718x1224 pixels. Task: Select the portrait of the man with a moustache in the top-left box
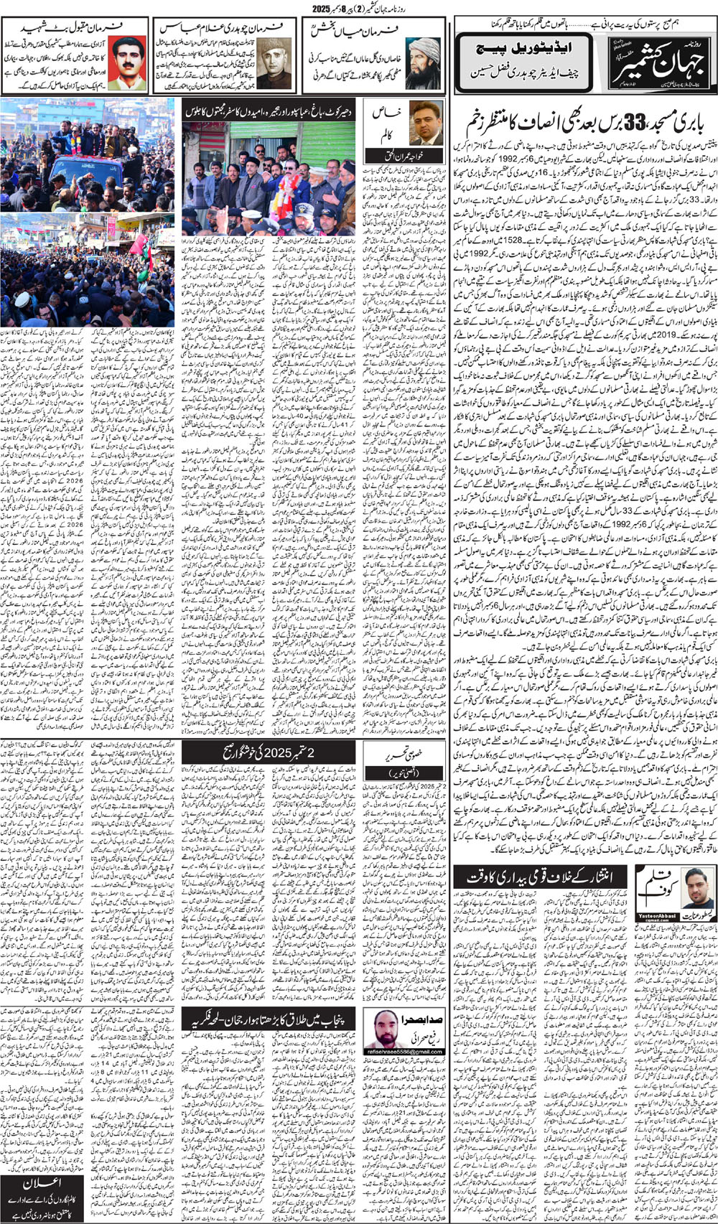[126, 62]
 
